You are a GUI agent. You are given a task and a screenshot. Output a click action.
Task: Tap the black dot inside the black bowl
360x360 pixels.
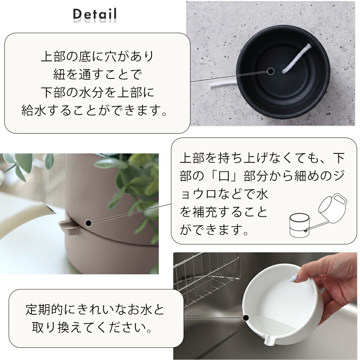(271, 71)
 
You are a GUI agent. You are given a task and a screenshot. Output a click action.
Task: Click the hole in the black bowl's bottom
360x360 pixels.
(283, 73)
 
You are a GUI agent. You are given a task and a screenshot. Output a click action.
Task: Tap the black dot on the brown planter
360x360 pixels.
(89, 223)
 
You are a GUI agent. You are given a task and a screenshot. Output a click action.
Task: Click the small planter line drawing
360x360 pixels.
(298, 225)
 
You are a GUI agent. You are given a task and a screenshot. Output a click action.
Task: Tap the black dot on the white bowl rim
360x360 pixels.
(246, 318)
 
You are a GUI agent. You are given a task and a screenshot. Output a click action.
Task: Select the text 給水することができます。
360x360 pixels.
(94, 110)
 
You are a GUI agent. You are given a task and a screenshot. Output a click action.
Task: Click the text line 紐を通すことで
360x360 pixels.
(97, 74)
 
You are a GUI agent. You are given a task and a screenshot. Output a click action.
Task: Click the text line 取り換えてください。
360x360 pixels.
(92, 327)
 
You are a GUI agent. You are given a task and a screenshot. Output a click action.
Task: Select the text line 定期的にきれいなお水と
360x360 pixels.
(95, 309)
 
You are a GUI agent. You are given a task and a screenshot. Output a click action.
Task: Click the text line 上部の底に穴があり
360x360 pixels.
(97, 56)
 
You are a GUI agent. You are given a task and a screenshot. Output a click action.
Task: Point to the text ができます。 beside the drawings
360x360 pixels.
(214, 230)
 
